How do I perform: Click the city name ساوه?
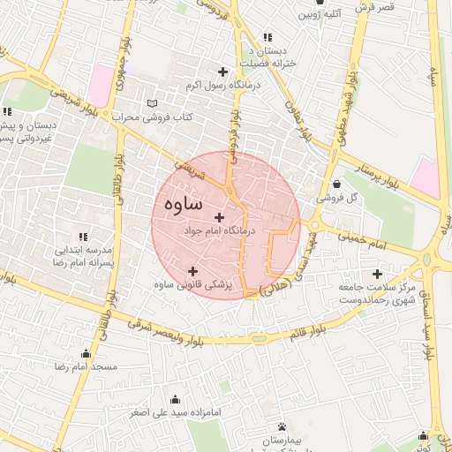click(x=183, y=204)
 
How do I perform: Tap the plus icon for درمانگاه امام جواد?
click(x=219, y=216)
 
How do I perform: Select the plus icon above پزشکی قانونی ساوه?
click(x=193, y=271)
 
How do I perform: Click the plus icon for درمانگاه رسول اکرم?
click(x=222, y=72)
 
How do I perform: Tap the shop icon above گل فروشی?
click(x=338, y=184)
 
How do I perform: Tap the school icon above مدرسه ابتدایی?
click(x=82, y=237)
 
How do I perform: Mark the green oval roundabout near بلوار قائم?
click(x=259, y=338)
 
